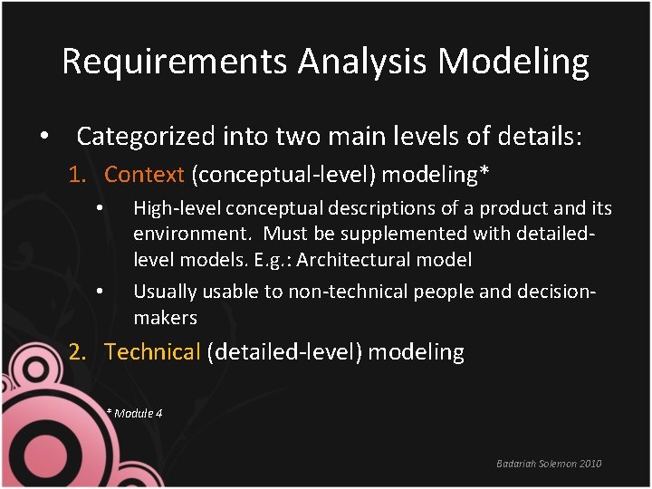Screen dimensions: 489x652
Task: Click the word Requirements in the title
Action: (x=175, y=62)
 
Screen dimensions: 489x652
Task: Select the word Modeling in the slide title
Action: (x=513, y=62)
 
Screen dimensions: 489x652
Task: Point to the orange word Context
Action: (x=144, y=174)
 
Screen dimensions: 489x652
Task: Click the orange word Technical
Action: (x=152, y=352)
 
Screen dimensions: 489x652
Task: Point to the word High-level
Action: (x=177, y=208)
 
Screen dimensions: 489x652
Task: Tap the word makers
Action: (x=165, y=318)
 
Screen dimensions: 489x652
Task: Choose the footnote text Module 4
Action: (x=139, y=413)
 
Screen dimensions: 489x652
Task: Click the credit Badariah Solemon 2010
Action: (x=549, y=464)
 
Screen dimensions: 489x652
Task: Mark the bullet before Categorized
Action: (x=43, y=137)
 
